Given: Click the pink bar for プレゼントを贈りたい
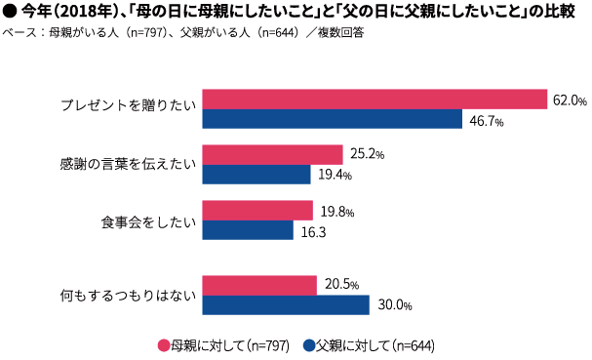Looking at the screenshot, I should (x=374, y=99).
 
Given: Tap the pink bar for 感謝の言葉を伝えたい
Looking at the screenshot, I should (x=272, y=155).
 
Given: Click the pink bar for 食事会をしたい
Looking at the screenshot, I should (x=257, y=211).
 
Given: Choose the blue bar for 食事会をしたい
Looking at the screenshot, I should (x=247, y=230).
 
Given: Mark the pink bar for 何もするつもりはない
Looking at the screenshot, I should (x=258, y=285).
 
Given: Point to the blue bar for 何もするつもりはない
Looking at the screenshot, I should (x=285, y=304).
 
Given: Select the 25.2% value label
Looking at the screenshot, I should (x=366, y=155).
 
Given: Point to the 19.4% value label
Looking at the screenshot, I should (x=333, y=176).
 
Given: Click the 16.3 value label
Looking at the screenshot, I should (x=312, y=232).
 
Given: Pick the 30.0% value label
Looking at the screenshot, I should (x=392, y=305).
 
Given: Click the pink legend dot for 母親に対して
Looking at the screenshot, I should (x=164, y=345).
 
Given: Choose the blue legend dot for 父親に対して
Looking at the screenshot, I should (x=308, y=345).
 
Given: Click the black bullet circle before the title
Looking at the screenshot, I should (x=10, y=11).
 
